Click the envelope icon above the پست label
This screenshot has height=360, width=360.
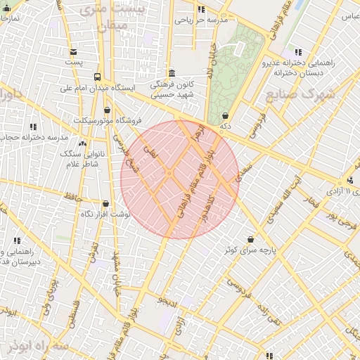73,52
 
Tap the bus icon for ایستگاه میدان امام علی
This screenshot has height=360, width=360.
96,77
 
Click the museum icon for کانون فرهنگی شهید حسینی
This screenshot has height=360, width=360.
172,73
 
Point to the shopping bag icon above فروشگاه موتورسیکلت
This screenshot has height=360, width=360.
107,110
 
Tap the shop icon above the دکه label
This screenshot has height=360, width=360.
225,115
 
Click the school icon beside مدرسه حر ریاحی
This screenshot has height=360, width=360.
202,10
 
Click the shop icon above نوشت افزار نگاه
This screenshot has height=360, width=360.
106,203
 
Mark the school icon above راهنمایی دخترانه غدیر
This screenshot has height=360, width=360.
298,52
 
